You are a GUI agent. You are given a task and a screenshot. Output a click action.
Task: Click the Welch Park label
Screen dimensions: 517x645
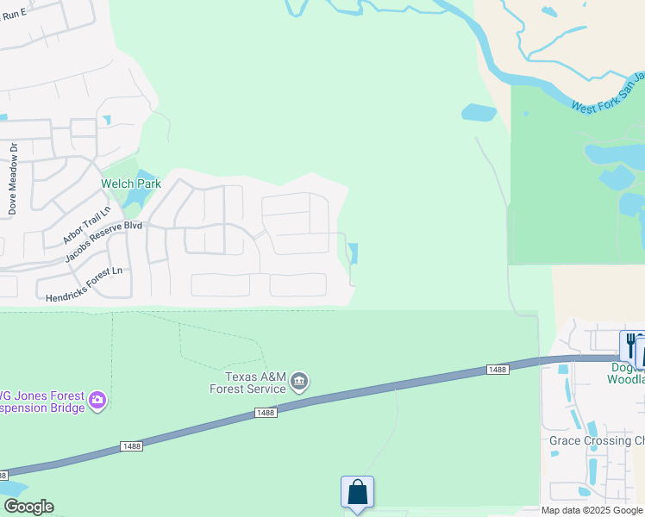131,184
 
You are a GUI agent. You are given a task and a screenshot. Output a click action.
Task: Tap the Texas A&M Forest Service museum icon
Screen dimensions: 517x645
299,382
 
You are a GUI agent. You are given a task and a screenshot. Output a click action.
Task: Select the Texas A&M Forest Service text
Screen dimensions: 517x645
247,383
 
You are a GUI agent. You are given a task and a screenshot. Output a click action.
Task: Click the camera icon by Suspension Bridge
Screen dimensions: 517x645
97,399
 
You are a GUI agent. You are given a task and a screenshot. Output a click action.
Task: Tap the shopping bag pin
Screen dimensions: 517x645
357,493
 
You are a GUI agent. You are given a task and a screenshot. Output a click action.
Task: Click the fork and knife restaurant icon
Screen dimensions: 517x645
630,345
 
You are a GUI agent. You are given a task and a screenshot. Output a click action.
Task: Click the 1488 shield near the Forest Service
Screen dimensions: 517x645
266,414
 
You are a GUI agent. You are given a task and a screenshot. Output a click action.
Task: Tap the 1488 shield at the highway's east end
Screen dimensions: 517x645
498,369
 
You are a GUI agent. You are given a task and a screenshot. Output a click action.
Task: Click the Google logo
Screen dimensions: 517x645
28,507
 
